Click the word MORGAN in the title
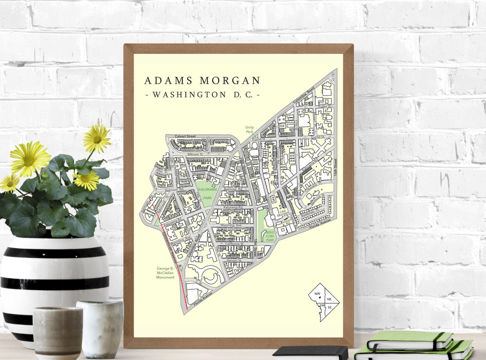coord(230,81)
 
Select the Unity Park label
coord(249,130)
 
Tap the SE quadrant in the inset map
coord(329,307)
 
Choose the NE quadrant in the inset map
coord(329,299)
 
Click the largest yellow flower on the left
coord(30,158)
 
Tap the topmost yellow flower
coord(96,138)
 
